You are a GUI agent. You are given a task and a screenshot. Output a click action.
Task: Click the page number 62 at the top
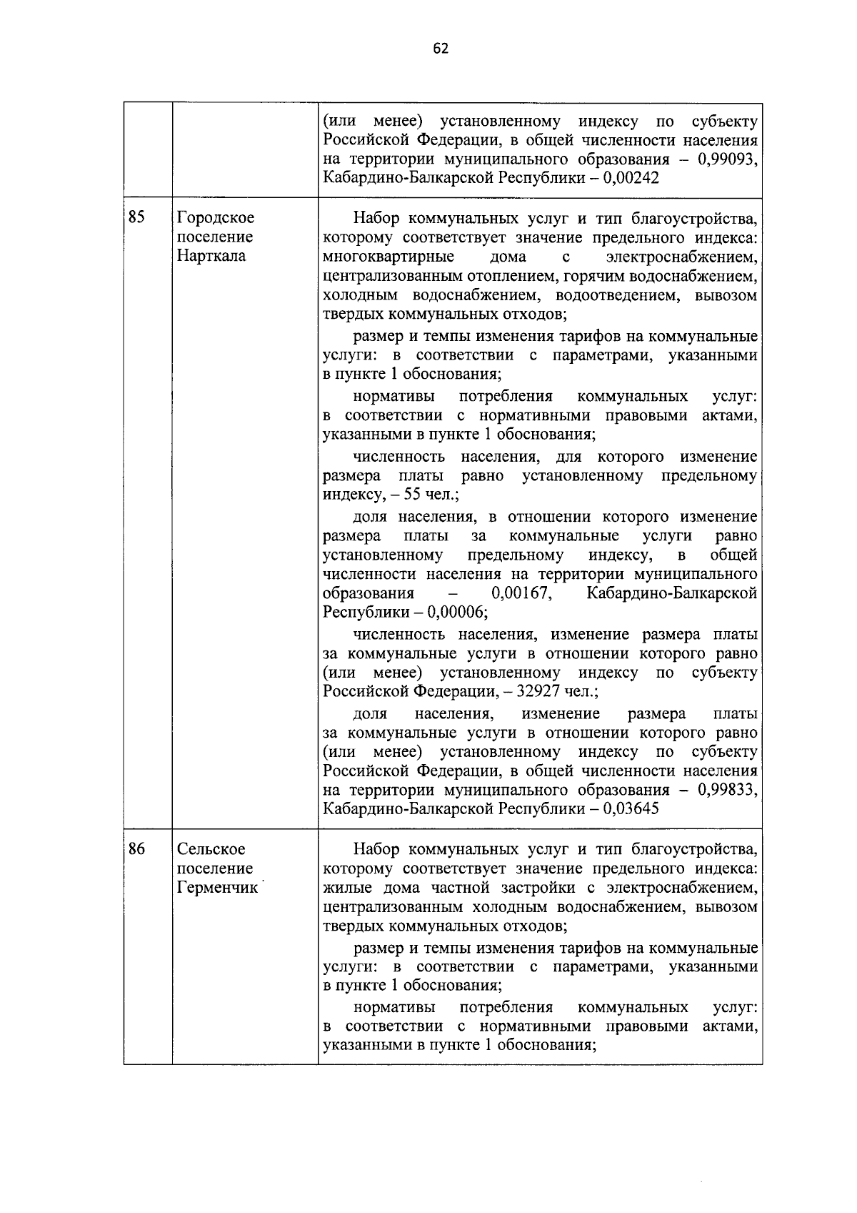pos(441,49)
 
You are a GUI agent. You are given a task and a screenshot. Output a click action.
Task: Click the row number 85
pos(137,217)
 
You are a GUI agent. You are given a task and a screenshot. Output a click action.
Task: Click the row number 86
pos(137,849)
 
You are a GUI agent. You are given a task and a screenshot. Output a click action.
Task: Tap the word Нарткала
pos(211,256)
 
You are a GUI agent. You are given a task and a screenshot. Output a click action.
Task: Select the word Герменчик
pos(217,888)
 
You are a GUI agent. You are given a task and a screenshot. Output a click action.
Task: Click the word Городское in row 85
pos(215,217)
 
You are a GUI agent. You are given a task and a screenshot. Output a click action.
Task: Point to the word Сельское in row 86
pos(211,849)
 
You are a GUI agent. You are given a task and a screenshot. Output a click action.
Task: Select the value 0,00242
pos(631,178)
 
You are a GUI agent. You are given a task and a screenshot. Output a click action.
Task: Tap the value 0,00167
pos(520,594)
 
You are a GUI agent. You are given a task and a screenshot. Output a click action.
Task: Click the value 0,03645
pos(631,810)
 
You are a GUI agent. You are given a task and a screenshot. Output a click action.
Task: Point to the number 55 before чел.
pos(414,495)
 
